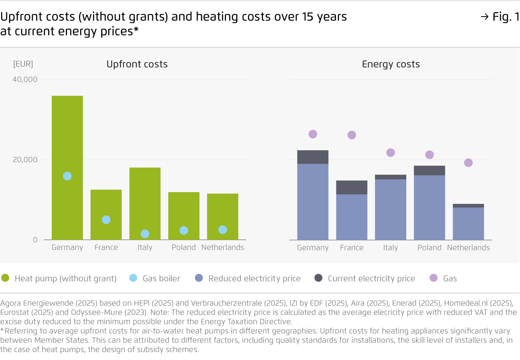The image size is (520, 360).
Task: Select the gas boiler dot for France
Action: coord(106,220)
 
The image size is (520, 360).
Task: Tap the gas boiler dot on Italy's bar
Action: coord(145,234)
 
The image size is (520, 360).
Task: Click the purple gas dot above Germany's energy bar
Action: coord(313,134)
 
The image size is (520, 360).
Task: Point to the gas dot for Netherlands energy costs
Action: coord(468,163)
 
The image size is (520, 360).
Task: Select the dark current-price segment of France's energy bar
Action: coord(351,187)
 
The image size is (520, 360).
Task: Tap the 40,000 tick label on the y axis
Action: coord(25,80)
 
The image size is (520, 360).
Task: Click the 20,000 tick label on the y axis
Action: coord(25,160)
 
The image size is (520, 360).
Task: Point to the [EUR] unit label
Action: coord(23,64)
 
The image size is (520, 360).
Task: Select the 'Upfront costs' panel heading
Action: coord(137,64)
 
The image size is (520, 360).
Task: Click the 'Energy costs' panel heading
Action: coord(391,64)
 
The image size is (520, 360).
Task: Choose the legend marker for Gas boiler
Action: coord(133,278)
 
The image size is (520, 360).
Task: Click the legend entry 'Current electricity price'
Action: coord(371,278)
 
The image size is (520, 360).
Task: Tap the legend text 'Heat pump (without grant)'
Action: coord(66,278)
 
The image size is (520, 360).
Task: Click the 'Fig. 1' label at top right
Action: coord(505,17)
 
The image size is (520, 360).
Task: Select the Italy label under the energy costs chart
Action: coord(390,248)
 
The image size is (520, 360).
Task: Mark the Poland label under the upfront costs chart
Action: coord(184,247)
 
